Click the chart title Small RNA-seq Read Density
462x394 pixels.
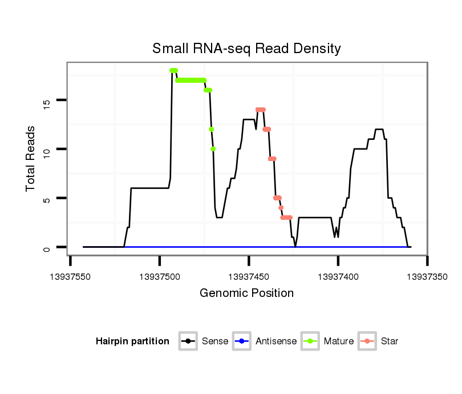(x=246, y=49)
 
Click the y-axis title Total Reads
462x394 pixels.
(x=31, y=159)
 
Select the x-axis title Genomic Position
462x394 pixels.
(x=246, y=294)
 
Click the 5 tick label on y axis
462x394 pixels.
(x=47, y=199)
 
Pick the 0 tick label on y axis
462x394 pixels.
(x=47, y=247)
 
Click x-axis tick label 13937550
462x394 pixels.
(x=71, y=276)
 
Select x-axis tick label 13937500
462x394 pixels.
(x=160, y=276)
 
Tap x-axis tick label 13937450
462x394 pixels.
(x=249, y=276)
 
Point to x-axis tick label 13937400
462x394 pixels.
(x=338, y=276)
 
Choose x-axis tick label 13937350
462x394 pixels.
(x=427, y=276)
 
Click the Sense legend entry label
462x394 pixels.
(x=215, y=341)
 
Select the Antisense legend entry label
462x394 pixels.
(x=276, y=341)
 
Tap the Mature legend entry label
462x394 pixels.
(x=339, y=341)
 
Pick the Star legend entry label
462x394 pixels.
(x=390, y=341)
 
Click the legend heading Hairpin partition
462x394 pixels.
(x=132, y=341)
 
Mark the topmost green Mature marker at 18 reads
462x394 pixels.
(x=173, y=70)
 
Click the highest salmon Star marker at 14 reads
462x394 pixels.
(x=261, y=110)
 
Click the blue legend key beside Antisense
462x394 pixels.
(x=242, y=341)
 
